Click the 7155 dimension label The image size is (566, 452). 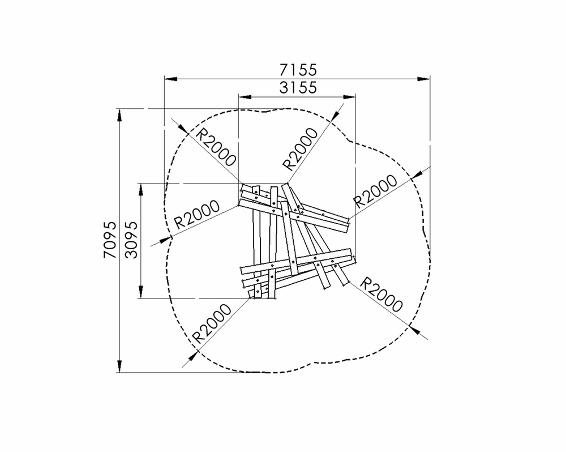(x=298, y=70)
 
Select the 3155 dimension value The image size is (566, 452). (x=298, y=88)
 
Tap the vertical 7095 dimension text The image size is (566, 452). (x=110, y=240)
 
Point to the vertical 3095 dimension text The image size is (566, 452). (x=131, y=240)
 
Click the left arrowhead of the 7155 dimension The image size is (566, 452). (x=171, y=78)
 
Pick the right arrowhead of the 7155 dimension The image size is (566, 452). (x=423, y=78)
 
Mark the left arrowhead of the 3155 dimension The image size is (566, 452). (x=245, y=97)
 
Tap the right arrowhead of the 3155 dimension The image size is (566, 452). (x=349, y=97)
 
